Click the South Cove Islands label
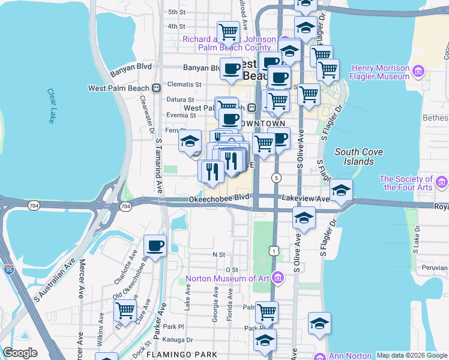tap(358, 157)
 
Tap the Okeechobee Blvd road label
tap(218, 197)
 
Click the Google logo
tap(20, 353)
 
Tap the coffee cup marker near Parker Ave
tap(155, 245)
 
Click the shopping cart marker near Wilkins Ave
tap(125, 310)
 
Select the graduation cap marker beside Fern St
tap(190, 142)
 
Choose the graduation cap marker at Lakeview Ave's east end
tap(341, 190)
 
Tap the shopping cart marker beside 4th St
tap(228, 31)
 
